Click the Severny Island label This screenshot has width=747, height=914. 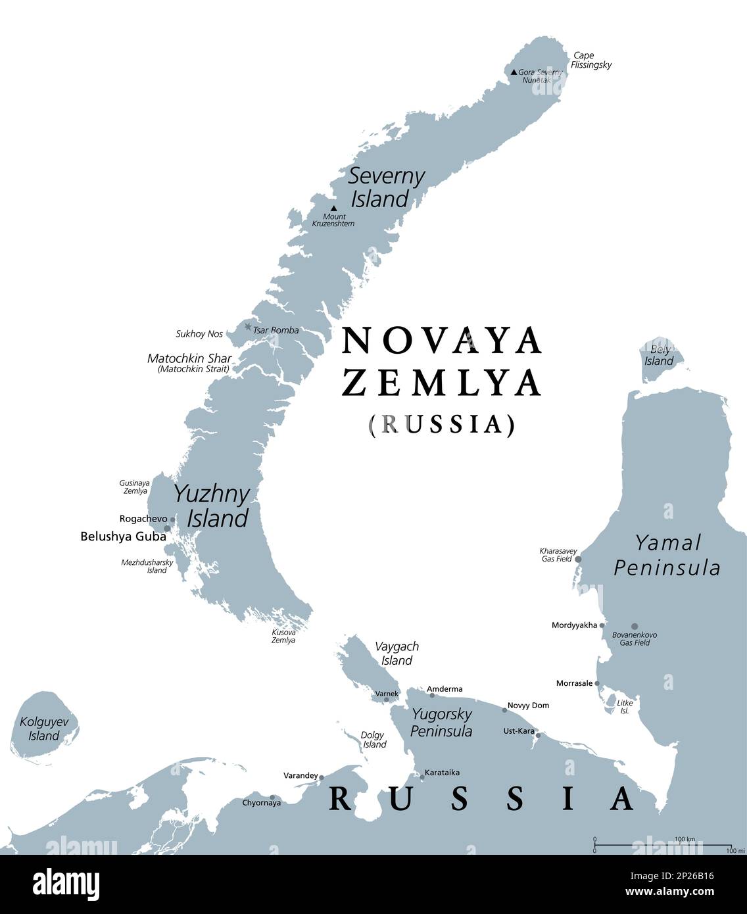coord(386,187)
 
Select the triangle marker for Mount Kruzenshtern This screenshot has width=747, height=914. coord(333,208)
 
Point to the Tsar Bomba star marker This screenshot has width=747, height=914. coord(248,327)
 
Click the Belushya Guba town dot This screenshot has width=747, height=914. coord(167,528)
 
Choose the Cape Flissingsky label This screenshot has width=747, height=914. coord(590,60)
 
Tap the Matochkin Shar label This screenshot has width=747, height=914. coord(189,359)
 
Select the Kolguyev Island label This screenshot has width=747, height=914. coord(44,729)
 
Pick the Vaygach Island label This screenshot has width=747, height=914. coord(397,654)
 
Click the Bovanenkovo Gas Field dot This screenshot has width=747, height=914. coord(635,627)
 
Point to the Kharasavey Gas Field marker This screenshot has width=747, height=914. coord(578,560)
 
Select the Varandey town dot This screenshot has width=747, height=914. coord(322,777)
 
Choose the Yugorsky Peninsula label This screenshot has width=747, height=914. coord(441,721)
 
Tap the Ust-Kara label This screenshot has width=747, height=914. coord(518,731)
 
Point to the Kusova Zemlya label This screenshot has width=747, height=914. coord(283,636)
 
